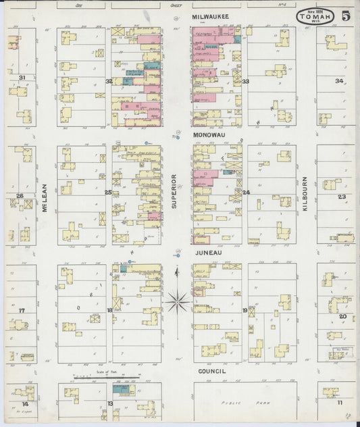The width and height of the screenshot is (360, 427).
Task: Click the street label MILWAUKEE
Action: pyautogui.click(x=209, y=15)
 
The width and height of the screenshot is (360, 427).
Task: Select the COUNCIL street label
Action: pyautogui.click(x=209, y=371)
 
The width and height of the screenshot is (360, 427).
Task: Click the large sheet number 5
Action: pyautogui.click(x=344, y=16)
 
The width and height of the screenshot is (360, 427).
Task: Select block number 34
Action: pyautogui.click(x=339, y=80)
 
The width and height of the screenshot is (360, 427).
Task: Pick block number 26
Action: pyautogui.click(x=20, y=196)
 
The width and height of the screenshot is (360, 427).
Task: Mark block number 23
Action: pyautogui.click(x=342, y=197)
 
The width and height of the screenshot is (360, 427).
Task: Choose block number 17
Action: pyautogui.click(x=22, y=310)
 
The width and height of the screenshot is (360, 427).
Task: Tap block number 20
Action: pyautogui.click(x=342, y=316)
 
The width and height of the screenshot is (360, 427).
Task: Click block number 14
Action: pyautogui.click(x=25, y=403)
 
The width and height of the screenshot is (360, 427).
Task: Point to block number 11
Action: pyautogui.click(x=340, y=403)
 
